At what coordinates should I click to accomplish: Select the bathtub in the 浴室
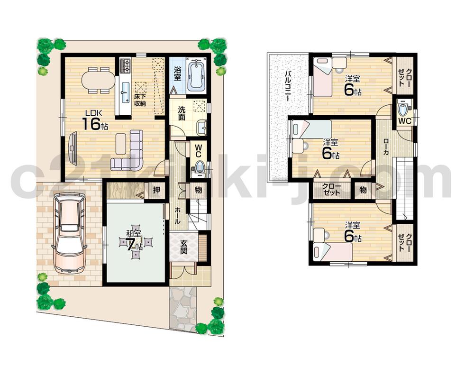(x=195, y=74)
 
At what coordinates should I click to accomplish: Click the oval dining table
(x=98, y=79)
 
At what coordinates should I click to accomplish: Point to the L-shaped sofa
(x=130, y=152)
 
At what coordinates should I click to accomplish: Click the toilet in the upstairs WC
(x=403, y=110)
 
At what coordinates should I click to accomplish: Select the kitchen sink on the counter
(x=125, y=89)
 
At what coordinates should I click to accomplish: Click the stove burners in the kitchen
(x=126, y=66)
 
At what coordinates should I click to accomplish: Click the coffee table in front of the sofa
(x=121, y=143)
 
